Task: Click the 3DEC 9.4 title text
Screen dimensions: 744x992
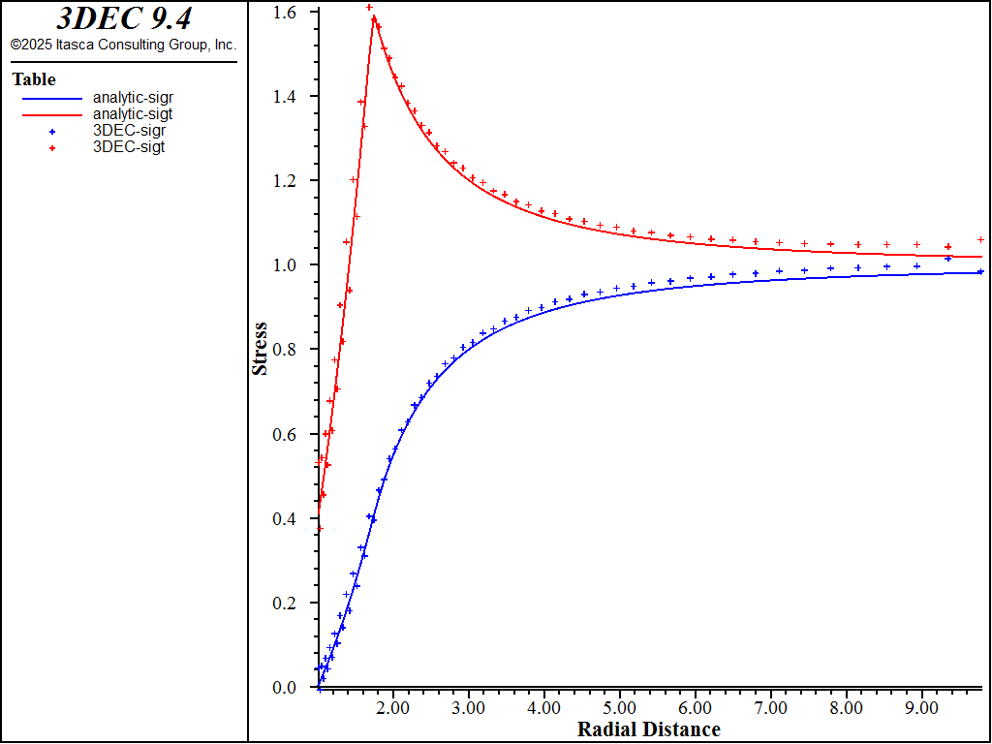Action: (x=123, y=19)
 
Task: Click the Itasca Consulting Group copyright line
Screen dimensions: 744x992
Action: (x=123, y=45)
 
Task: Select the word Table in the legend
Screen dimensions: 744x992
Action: (x=34, y=79)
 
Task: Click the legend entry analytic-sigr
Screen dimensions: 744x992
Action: (x=133, y=97)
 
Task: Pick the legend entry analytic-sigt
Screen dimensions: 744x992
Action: (x=133, y=113)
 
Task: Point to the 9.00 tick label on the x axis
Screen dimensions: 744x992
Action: (x=921, y=708)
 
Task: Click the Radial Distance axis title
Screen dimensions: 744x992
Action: (x=648, y=729)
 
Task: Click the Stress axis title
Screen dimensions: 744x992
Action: (x=260, y=349)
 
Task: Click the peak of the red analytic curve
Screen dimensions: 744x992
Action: (x=374, y=16)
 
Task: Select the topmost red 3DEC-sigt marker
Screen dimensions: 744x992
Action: (x=369, y=8)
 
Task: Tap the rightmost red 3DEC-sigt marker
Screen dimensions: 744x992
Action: (x=980, y=239)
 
